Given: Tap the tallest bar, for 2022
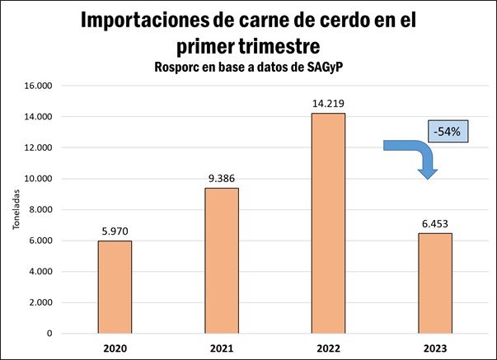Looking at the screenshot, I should (328, 223).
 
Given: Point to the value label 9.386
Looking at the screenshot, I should (222, 177).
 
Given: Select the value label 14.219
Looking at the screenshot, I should (328, 102).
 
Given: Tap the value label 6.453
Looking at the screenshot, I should (435, 222).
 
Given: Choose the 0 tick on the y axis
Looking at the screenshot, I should (48, 334).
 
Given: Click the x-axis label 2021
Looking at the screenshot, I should (222, 348).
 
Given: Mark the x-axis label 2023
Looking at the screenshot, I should (435, 348).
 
